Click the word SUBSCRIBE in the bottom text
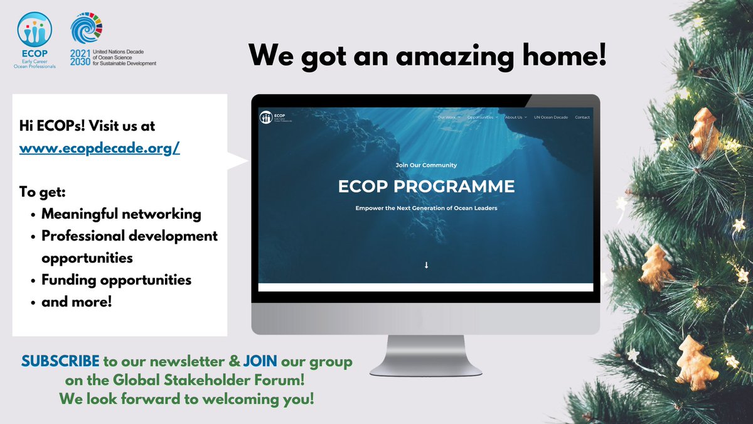(x=60, y=362)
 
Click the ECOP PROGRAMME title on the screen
(x=426, y=187)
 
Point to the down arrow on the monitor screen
(x=426, y=265)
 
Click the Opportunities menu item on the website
(x=483, y=117)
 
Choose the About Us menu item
(x=515, y=117)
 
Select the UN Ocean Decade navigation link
(x=551, y=117)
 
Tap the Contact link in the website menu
(x=582, y=117)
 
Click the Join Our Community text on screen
(x=426, y=165)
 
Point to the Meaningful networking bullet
(x=121, y=214)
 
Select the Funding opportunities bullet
(x=116, y=280)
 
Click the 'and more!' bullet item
(x=77, y=302)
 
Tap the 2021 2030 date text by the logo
(x=80, y=58)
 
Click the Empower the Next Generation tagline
(x=426, y=208)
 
